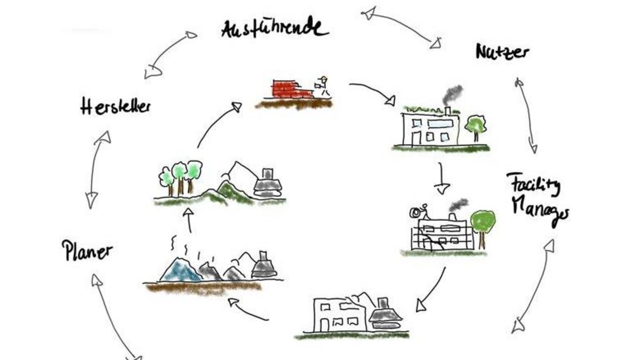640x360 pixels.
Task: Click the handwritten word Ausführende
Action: [275, 29]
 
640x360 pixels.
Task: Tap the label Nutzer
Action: [502, 52]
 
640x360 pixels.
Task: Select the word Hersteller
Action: [115, 106]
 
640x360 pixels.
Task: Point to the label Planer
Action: [87, 251]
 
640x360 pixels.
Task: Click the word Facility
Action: [533, 185]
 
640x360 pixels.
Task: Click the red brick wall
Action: [291, 89]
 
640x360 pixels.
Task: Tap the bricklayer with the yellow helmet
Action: [322, 86]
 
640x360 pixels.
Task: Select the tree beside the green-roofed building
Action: [475, 127]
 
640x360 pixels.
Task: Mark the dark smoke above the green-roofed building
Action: [452, 95]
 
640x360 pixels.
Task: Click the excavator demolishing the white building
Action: [386, 314]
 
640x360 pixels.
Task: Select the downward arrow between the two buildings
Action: [442, 179]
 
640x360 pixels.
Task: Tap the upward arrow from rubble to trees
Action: [189, 220]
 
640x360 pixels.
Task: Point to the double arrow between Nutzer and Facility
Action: [526, 115]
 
